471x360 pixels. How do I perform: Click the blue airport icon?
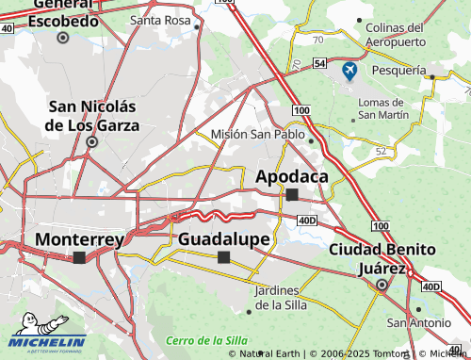(x=349, y=70)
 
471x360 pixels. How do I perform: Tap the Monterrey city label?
(x=79, y=239)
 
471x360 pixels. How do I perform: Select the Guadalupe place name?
(x=223, y=239)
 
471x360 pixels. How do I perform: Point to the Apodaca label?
(x=292, y=175)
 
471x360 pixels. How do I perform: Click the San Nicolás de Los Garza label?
(x=92, y=115)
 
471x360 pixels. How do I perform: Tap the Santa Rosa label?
(x=159, y=20)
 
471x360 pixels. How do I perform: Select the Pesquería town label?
(x=398, y=70)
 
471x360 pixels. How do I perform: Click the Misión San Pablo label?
(x=257, y=134)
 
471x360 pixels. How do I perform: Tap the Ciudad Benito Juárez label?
(x=382, y=257)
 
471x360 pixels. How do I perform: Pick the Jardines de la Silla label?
(x=285, y=296)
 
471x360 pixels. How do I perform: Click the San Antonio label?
(x=418, y=322)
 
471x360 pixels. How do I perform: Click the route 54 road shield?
(x=320, y=62)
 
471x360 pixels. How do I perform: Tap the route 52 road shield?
(x=381, y=151)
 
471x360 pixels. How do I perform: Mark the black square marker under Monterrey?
(x=79, y=257)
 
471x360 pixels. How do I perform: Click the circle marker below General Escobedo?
(x=63, y=38)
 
